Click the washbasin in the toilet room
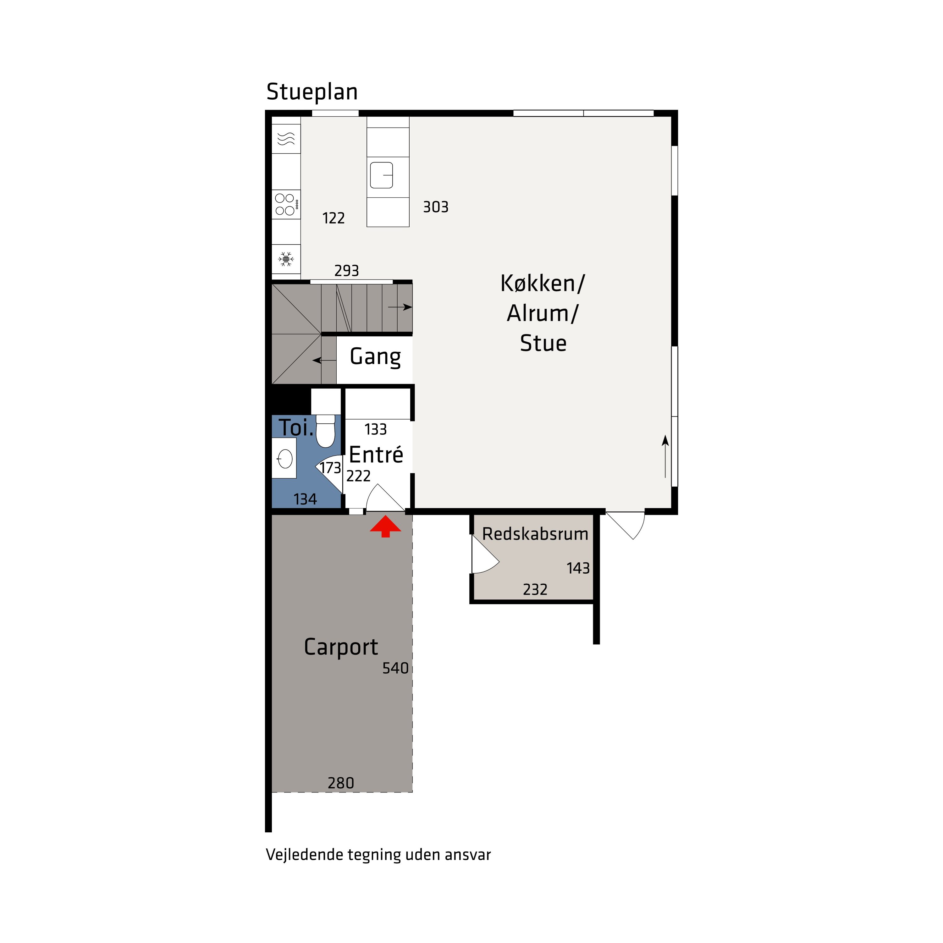point(284,458)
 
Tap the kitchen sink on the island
point(382,175)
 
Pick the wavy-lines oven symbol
point(286,140)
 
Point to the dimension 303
point(435,207)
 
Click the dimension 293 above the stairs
point(346,270)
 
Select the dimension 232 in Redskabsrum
point(535,590)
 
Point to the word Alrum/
point(542,313)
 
